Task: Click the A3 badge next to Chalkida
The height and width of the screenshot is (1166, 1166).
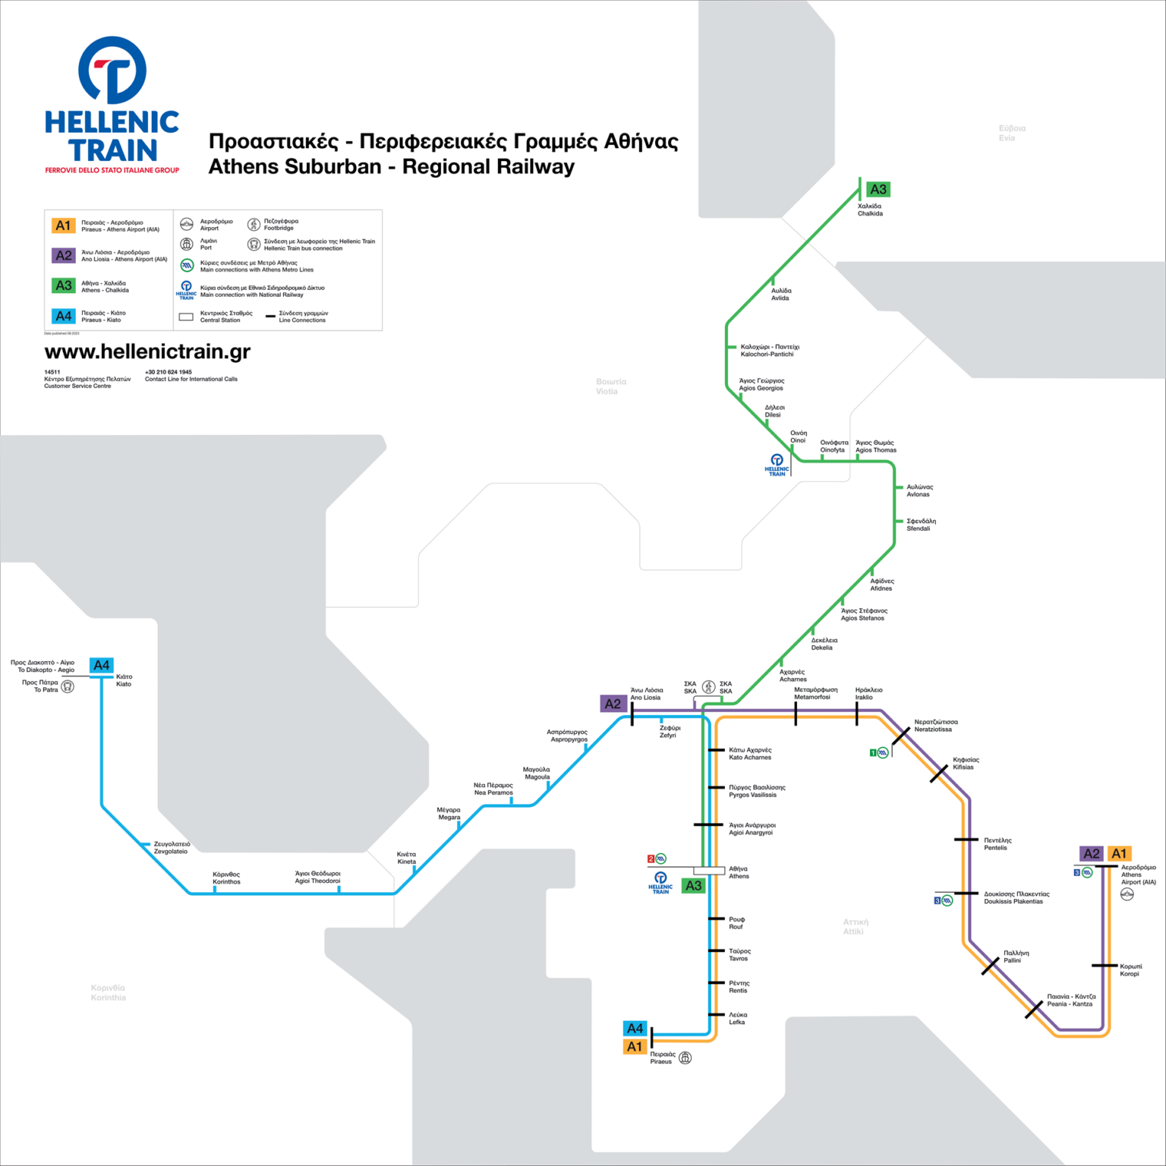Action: [878, 190]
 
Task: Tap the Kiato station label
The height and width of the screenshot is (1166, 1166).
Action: [124, 680]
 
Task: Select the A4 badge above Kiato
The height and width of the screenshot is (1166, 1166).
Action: [101, 666]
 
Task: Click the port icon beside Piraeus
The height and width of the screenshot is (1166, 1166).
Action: [685, 1058]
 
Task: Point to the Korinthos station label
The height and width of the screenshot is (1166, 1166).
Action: [226, 878]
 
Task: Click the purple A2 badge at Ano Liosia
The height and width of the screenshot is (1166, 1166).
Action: [613, 704]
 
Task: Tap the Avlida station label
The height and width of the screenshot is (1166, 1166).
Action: [781, 295]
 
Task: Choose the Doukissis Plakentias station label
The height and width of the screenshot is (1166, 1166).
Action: [1016, 898]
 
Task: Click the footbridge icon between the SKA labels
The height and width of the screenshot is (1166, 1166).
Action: [708, 687]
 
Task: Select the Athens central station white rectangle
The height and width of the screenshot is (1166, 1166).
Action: [709, 870]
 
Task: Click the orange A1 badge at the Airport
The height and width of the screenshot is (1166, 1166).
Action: [1119, 854]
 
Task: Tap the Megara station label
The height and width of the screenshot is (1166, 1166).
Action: [449, 814]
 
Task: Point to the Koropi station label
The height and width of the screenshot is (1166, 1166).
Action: [1130, 970]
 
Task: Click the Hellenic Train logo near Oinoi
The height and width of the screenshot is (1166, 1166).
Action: [777, 465]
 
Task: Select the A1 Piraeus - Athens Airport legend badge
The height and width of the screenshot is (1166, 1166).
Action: [63, 225]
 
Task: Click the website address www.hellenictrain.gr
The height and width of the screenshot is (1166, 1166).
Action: [147, 351]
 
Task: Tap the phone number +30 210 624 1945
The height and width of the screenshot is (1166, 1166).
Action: [169, 372]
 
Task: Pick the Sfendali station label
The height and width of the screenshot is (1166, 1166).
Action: [921, 525]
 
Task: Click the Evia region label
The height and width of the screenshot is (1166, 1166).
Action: [1011, 133]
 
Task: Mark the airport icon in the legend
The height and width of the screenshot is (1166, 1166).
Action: [187, 224]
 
